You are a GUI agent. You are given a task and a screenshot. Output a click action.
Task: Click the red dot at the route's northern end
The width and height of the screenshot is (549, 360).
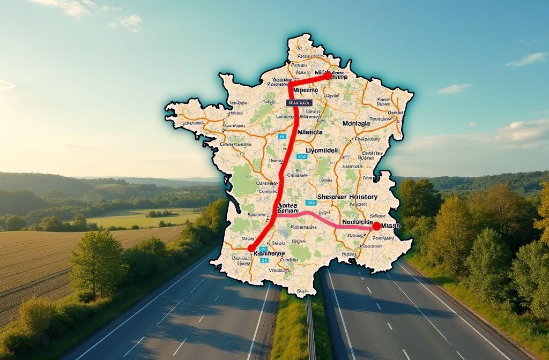(x=328, y=76)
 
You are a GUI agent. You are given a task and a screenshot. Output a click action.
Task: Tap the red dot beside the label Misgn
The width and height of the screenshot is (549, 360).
(x=376, y=226)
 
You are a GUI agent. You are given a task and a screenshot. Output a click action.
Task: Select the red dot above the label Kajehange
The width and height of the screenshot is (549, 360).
(x=251, y=247)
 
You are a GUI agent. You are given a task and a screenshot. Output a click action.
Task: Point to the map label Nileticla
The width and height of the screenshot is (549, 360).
(x=309, y=132)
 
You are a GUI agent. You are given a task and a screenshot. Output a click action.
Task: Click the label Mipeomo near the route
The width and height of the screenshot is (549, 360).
(x=303, y=91)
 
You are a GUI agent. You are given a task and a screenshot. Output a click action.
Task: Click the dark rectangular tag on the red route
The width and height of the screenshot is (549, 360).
(x=299, y=102)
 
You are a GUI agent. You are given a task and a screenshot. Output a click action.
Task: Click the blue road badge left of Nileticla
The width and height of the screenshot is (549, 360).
(x=281, y=137)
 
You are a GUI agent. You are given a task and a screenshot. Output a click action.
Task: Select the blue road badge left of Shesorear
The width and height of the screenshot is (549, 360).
(x=310, y=203)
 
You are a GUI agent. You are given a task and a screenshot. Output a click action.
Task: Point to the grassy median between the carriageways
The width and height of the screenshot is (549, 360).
(x=292, y=327)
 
